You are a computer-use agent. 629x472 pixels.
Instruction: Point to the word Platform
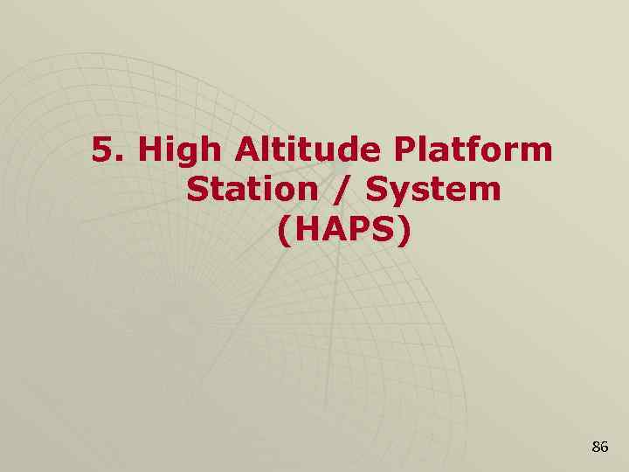click(x=473, y=150)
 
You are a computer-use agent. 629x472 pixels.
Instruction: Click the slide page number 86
click(x=599, y=447)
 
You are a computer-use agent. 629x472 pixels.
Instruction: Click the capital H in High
click(x=151, y=150)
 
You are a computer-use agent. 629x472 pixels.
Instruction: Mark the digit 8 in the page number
click(x=595, y=447)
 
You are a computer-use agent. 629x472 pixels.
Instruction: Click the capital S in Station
click(x=197, y=189)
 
